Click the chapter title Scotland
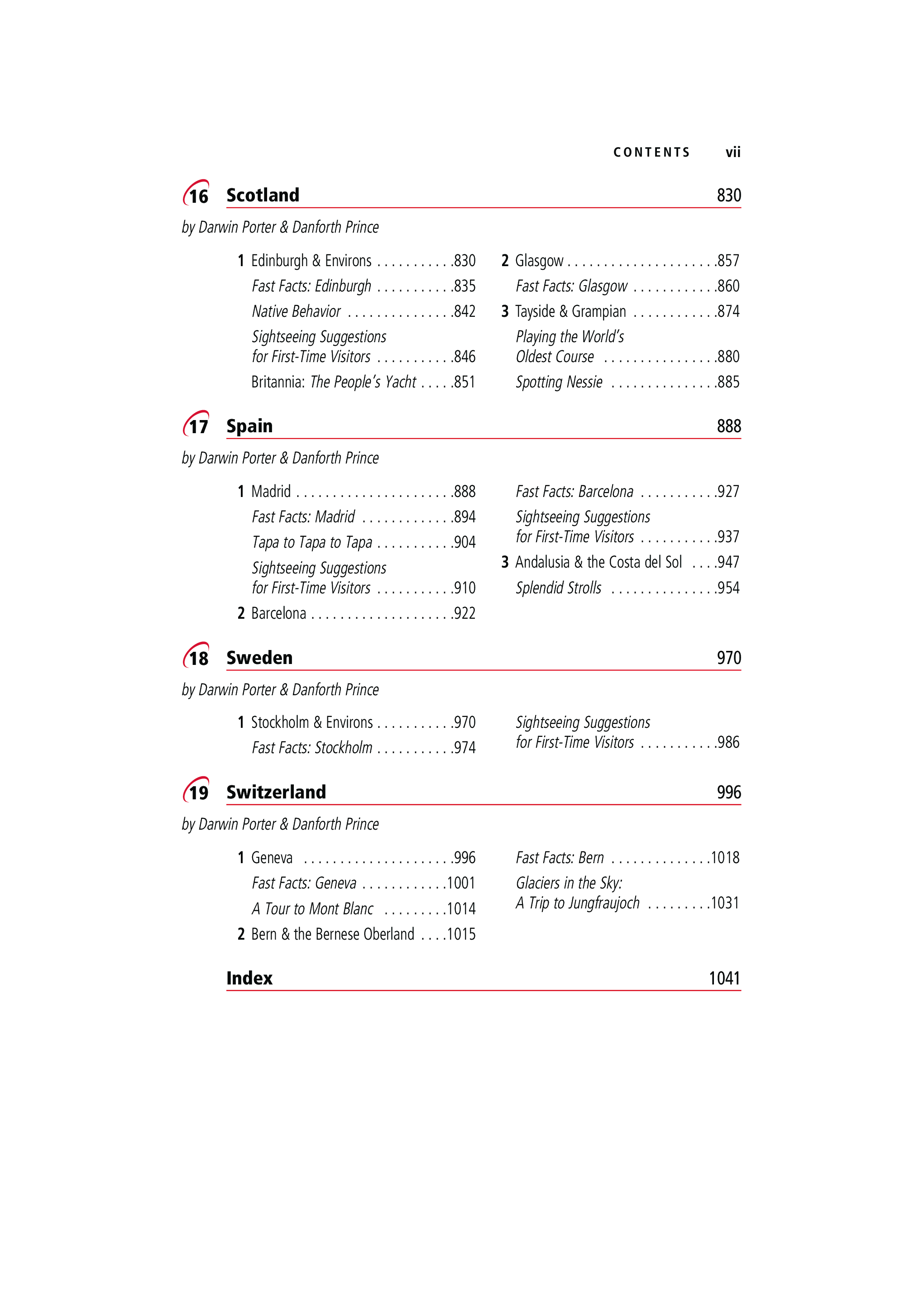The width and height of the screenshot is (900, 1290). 263,195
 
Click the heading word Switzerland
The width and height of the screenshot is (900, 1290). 276,792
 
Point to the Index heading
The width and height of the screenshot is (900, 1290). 249,978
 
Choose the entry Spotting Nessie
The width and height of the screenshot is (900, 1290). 559,382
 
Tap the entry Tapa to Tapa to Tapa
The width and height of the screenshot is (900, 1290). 312,542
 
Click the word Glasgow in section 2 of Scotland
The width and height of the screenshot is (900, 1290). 539,261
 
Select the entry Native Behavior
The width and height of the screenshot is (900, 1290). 296,311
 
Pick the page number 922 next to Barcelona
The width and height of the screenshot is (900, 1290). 464,613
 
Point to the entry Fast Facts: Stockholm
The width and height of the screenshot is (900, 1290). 312,747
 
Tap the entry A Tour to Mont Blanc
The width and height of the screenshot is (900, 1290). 312,908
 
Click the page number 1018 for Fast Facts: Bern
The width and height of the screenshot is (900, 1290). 725,857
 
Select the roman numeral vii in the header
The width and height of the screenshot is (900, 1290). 732,152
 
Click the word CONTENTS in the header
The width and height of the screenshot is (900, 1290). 651,152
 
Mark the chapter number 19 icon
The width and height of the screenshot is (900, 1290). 196,791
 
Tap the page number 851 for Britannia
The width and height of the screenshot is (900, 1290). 464,382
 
